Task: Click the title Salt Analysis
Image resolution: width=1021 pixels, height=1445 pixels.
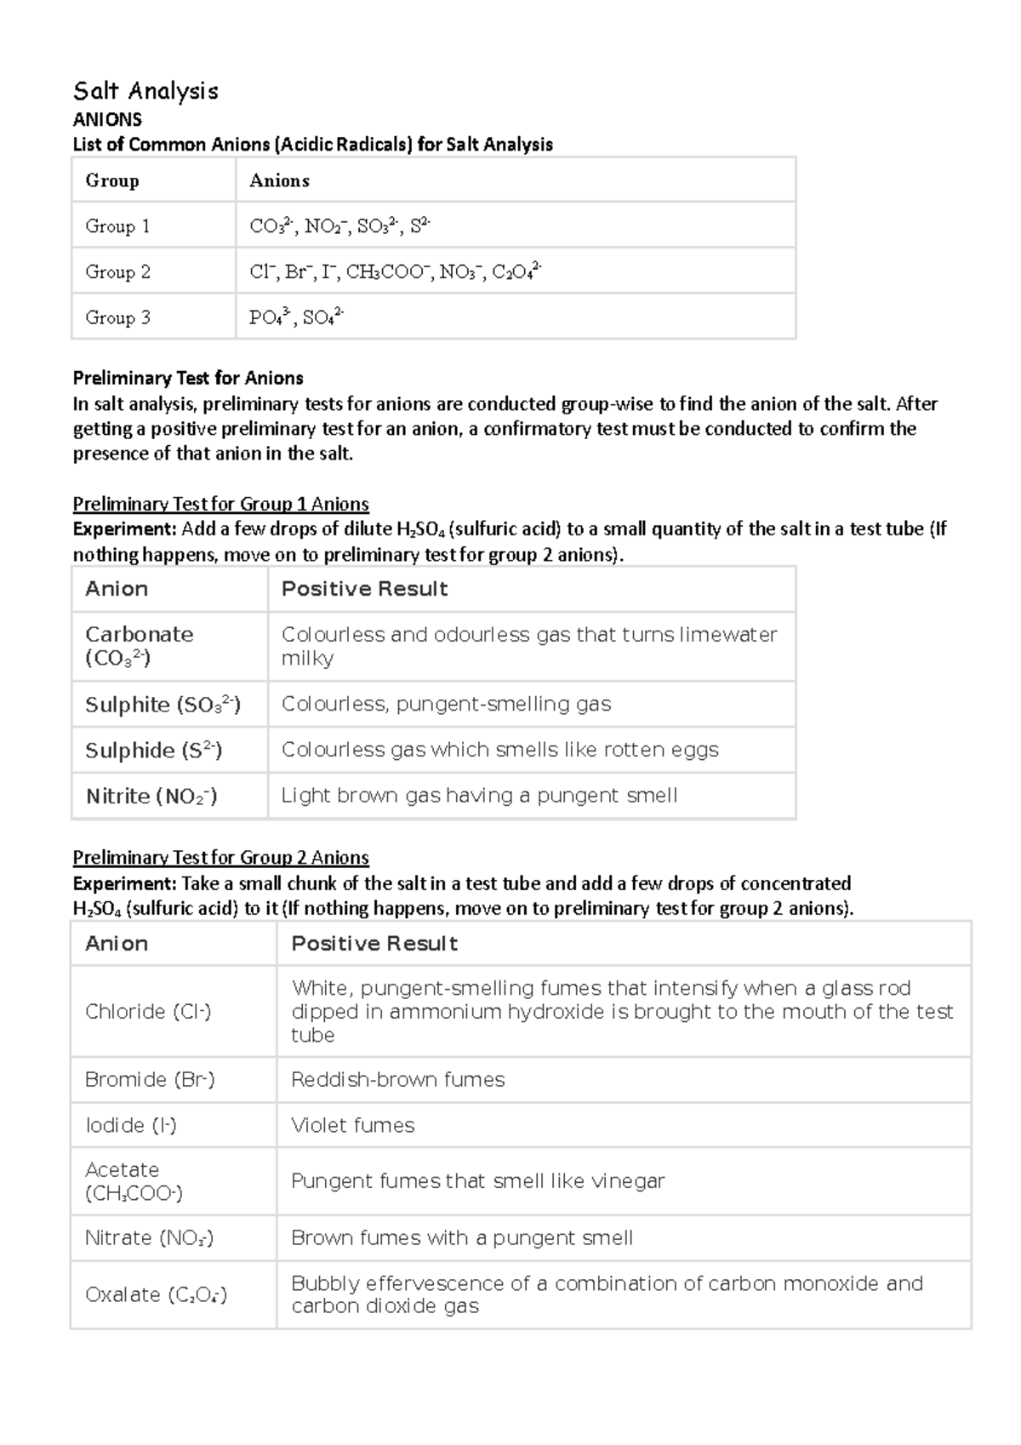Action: pyautogui.click(x=145, y=91)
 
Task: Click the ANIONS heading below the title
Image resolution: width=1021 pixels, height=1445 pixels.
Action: pyautogui.click(x=107, y=119)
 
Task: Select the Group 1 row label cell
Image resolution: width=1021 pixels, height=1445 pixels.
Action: pyautogui.click(x=118, y=226)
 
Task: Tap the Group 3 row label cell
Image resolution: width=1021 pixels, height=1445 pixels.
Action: pyautogui.click(x=118, y=317)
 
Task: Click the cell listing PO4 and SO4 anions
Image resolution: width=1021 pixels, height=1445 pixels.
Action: pyautogui.click(x=296, y=317)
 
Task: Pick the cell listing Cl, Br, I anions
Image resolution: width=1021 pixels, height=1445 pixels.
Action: pyautogui.click(x=395, y=271)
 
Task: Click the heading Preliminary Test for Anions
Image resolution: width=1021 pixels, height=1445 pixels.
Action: pyautogui.click(x=188, y=378)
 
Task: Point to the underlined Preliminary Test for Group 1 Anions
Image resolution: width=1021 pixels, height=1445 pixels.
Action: pyautogui.click(x=220, y=504)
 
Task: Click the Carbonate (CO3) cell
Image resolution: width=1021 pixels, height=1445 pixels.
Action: pyautogui.click(x=140, y=646)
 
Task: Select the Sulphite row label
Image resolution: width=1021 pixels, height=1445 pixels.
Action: pyautogui.click(x=163, y=705)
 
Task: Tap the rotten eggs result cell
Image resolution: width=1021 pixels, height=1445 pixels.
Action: pyautogui.click(x=499, y=750)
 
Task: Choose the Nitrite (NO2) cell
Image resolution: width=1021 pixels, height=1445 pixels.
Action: pyautogui.click(x=151, y=797)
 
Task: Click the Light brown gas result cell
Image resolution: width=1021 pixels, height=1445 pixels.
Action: pyautogui.click(x=479, y=796)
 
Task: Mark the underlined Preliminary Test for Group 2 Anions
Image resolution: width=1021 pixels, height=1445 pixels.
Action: pyautogui.click(x=220, y=857)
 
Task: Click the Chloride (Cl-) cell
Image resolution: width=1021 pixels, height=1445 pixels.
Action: pyautogui.click(x=148, y=1012)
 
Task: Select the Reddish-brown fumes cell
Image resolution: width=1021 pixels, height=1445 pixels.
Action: pyautogui.click(x=397, y=1080)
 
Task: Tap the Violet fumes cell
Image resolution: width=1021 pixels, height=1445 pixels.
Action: pyautogui.click(x=352, y=1126)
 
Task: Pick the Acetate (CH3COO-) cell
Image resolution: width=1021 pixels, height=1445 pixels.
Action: pyautogui.click(x=134, y=1181)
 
